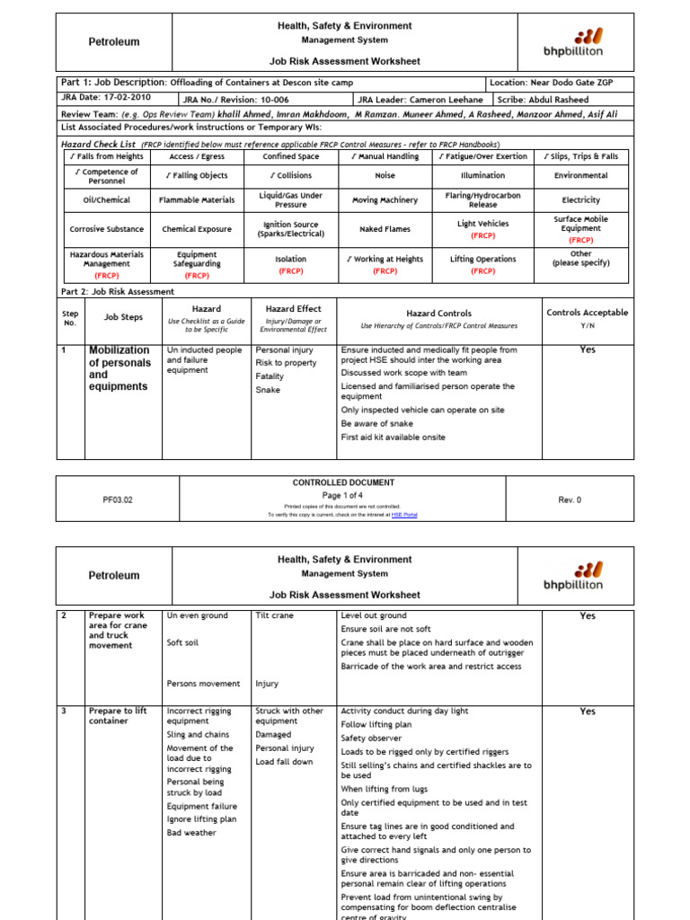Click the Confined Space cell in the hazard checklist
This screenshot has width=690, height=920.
tap(290, 156)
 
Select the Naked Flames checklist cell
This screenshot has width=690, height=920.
tap(385, 229)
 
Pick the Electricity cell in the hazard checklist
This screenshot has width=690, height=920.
tap(580, 200)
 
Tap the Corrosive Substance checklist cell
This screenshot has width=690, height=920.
tap(106, 229)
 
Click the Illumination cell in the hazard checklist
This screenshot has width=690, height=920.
tap(482, 176)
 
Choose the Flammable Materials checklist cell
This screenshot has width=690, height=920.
tap(197, 200)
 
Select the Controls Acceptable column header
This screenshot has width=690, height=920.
tap(587, 313)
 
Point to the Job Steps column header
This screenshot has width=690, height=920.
tap(123, 316)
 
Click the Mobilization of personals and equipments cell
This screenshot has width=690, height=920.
tap(119, 368)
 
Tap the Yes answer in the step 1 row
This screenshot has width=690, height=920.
tap(587, 349)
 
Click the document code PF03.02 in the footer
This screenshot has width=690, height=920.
tap(117, 500)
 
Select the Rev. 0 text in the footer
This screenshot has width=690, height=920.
tap(570, 500)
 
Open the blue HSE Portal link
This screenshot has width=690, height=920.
tap(404, 515)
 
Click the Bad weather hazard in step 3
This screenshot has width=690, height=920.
tap(191, 833)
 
